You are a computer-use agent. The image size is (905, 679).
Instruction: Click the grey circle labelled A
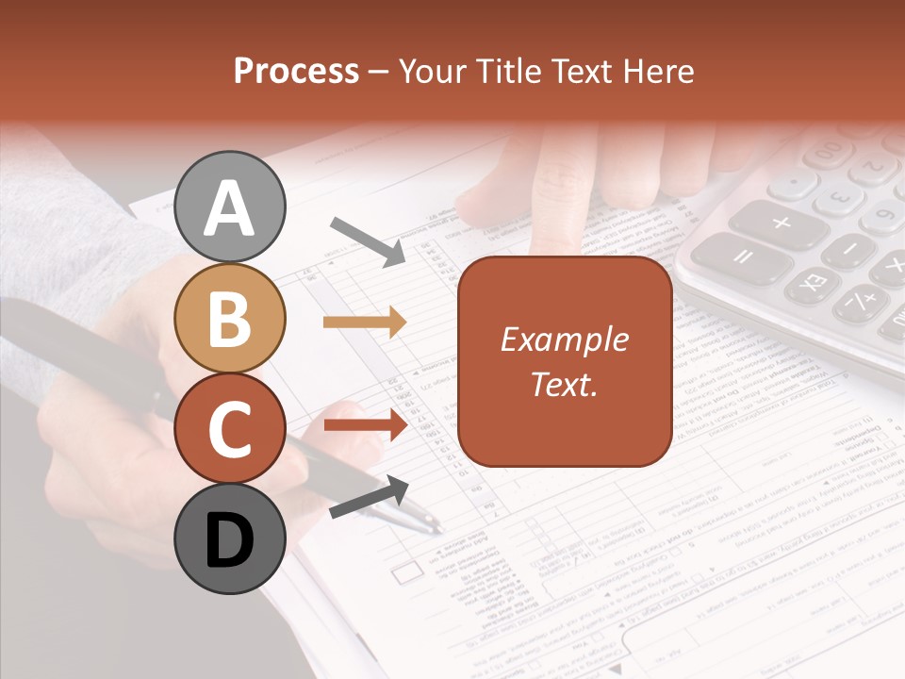[230, 207]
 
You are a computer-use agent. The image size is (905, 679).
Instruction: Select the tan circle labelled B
[230, 318]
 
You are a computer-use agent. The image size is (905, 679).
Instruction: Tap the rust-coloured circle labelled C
[230, 428]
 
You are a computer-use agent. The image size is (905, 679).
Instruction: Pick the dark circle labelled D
[230, 539]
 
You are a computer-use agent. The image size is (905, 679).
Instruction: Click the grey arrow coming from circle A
[367, 240]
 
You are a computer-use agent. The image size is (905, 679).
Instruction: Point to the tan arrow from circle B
[365, 323]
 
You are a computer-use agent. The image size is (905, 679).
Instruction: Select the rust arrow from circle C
[365, 424]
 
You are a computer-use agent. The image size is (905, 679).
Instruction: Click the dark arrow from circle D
[369, 497]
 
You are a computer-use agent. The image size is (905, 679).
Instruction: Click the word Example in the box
[564, 339]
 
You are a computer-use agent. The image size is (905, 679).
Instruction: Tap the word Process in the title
[296, 71]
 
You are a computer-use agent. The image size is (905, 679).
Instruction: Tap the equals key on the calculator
[742, 258]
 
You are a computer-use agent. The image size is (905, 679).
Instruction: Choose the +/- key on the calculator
[858, 304]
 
